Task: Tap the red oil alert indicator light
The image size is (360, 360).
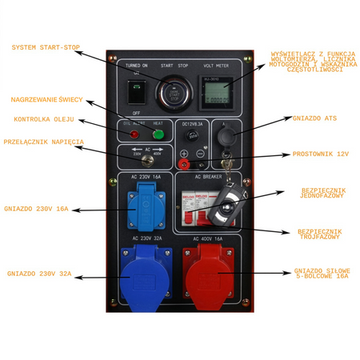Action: (134, 134)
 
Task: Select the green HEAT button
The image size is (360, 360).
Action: (158, 134)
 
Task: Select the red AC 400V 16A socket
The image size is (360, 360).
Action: (210, 274)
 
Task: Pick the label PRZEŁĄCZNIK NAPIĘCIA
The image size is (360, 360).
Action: (43, 142)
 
